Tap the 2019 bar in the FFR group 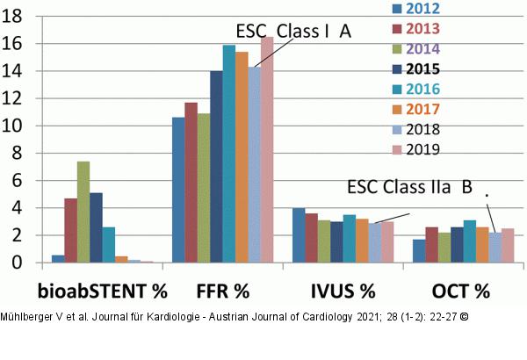[x=267, y=149]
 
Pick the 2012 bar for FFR [x=178, y=190]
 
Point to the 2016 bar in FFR [x=228, y=154]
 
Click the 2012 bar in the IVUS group [x=299, y=235]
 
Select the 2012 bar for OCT [x=419, y=250]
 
